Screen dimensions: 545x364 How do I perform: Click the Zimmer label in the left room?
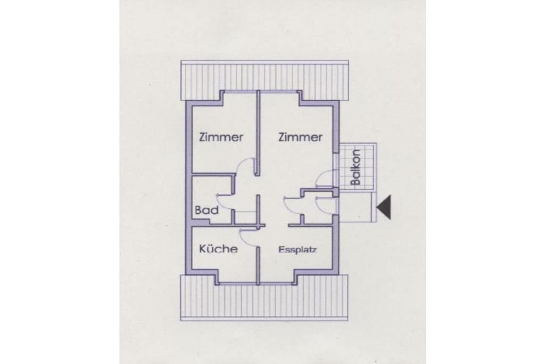tap(221, 137)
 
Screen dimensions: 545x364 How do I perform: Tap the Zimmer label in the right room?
tap(300, 137)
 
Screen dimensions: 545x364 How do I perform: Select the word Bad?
tap(207, 210)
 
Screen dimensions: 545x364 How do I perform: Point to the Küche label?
tap(218, 248)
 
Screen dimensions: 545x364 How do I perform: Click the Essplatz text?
tap(298, 249)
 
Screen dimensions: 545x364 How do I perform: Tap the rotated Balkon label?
tap(356, 167)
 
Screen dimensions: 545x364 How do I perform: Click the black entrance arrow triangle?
tap(384, 207)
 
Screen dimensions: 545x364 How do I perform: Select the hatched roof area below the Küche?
tap(264, 297)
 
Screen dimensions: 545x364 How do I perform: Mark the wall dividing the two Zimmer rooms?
tap(258, 133)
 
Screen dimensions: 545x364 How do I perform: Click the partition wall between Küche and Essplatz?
tap(258, 266)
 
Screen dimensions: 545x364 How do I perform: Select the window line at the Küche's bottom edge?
tap(238, 284)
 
